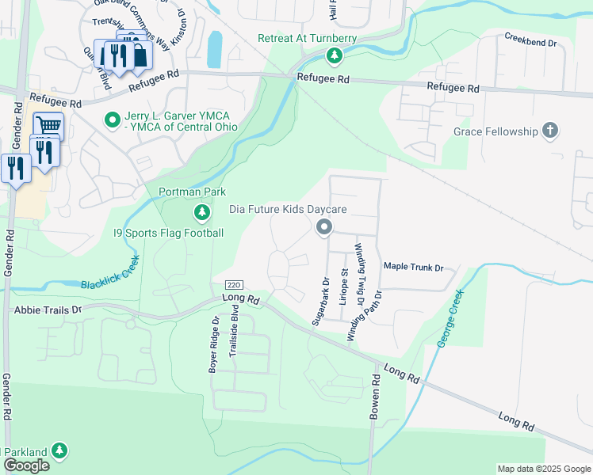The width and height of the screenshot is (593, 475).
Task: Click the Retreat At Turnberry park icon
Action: (x=335, y=55)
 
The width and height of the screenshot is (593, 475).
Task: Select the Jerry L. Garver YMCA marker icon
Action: (x=113, y=121)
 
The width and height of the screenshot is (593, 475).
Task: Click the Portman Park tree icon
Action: (x=202, y=212)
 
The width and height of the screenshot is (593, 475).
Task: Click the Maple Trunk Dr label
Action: (x=413, y=268)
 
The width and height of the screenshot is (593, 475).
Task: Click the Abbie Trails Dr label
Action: (x=48, y=310)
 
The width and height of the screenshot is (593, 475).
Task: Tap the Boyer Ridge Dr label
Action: (x=214, y=345)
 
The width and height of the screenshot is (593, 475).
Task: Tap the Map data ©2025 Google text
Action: (x=543, y=469)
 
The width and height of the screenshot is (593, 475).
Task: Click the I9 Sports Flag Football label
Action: (x=168, y=233)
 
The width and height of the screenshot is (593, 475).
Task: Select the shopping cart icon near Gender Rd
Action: (x=48, y=125)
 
